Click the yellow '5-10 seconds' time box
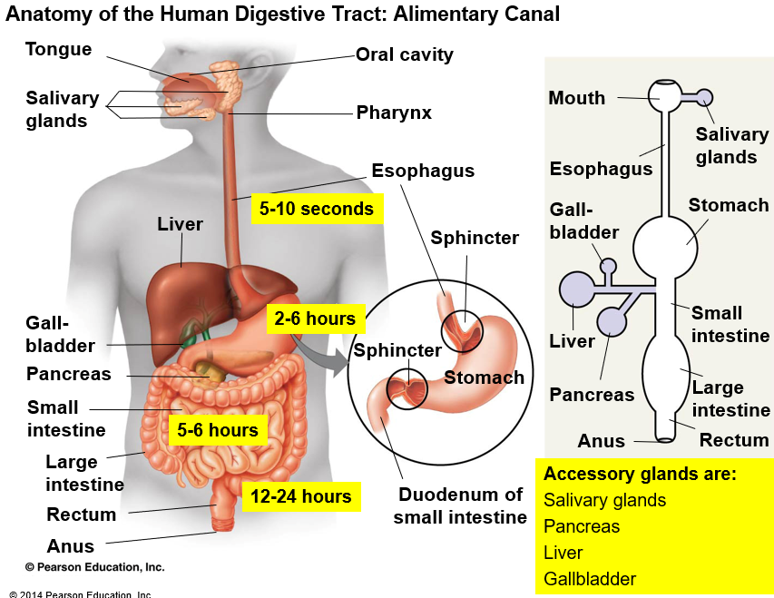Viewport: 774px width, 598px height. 317,210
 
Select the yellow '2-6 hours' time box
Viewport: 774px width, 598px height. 316,319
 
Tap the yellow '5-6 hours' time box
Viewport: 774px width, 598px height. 218,430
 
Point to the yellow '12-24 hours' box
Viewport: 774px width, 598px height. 302,496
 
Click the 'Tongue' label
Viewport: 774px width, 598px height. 58,49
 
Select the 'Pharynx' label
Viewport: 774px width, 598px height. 394,113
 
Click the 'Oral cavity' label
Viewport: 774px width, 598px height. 404,54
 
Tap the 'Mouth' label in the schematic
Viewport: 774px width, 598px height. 576,98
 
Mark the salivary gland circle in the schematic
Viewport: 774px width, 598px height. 704,97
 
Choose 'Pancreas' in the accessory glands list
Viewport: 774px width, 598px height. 582,526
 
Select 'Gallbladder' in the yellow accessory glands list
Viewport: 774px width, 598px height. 590,579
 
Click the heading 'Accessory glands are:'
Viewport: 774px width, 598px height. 640,474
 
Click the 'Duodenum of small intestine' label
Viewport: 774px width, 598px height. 460,506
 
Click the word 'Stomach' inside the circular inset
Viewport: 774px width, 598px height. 484,377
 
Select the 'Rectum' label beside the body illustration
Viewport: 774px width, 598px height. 82,515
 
